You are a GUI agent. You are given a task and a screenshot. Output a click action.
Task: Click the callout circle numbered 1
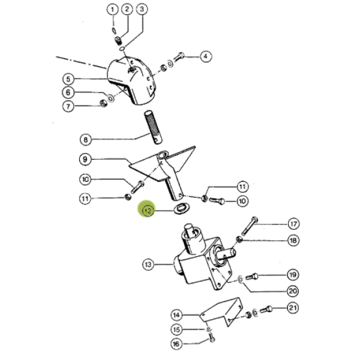coord(112,10)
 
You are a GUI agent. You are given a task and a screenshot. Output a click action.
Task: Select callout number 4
coord(205,56)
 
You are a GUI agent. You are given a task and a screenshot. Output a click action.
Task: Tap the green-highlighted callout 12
coord(147,211)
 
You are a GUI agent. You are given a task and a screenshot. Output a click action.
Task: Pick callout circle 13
coord(148,264)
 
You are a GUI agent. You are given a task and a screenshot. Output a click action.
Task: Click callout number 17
coord(293,224)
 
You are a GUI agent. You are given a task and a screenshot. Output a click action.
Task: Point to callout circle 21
coord(293,308)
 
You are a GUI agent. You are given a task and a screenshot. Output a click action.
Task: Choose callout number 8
coord(85,140)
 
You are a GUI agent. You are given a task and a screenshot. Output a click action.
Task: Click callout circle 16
coord(176,344)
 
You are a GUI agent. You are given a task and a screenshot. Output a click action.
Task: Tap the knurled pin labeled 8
coord(153,127)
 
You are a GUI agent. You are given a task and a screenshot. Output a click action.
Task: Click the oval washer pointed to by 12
coord(182,208)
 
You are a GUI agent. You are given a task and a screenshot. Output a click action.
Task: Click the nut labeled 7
coord(104,104)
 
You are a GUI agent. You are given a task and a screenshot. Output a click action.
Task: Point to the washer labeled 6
coord(111,98)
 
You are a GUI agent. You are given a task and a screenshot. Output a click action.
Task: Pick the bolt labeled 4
coord(179,58)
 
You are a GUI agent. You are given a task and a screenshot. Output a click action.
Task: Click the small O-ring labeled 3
coord(122,49)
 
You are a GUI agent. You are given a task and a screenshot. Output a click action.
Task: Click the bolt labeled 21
coord(266,310)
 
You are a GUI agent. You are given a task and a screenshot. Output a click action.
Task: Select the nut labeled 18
coord(239,239)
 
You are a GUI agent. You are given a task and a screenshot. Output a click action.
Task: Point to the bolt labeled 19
coord(253,277)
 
